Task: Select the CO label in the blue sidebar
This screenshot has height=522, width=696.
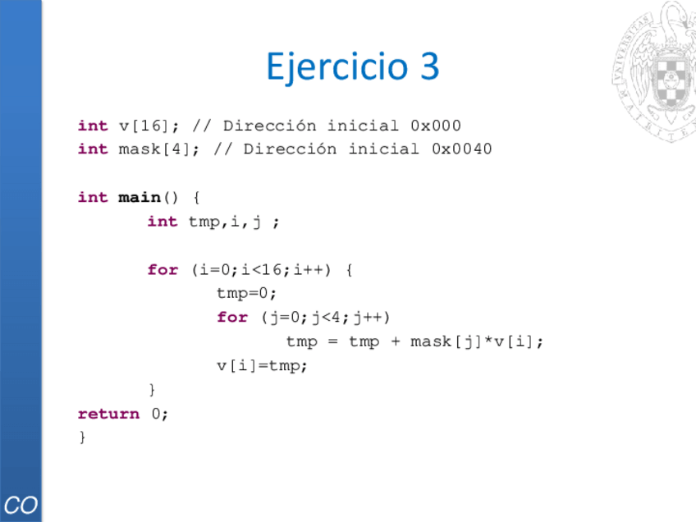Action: [21, 505]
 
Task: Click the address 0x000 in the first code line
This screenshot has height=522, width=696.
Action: [435, 126]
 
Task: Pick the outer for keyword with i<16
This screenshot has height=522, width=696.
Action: [163, 270]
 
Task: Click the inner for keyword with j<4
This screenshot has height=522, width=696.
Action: [232, 318]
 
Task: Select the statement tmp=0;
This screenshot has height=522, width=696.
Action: [247, 293]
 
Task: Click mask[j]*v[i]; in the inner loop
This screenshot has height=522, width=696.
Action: [477, 341]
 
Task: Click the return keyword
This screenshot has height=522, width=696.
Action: [108, 414]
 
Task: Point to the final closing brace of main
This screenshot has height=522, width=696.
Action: [81, 437]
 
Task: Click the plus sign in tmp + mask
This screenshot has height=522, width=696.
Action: [396, 341]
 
